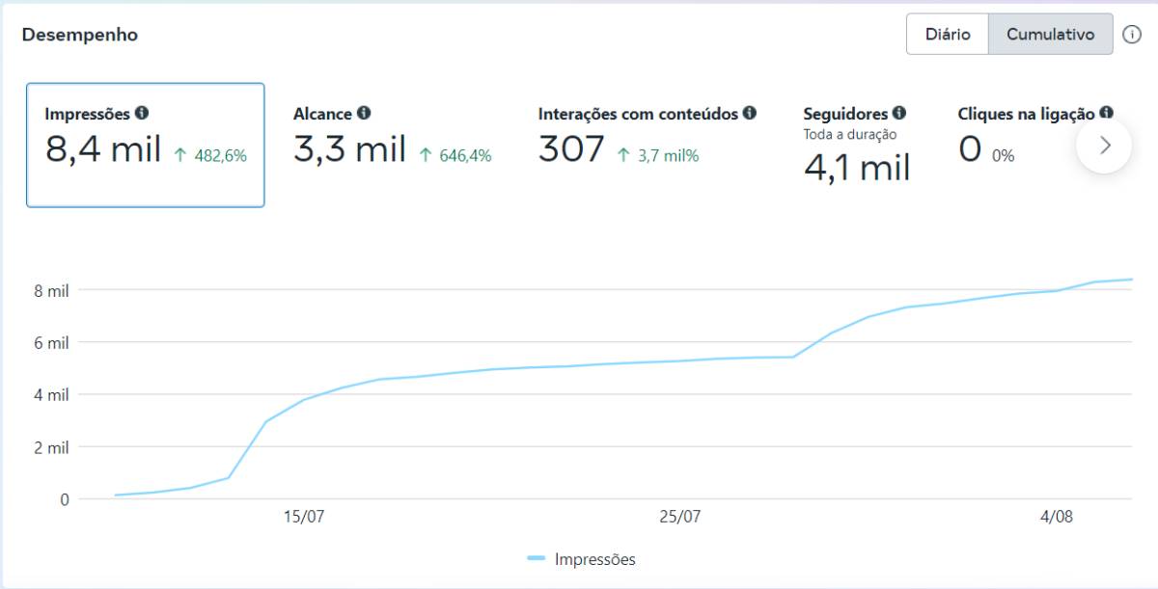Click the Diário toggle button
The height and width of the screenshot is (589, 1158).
pos(947,34)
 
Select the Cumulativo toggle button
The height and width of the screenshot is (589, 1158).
pos(1051,34)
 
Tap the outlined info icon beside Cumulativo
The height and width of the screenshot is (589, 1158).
pos(1132,35)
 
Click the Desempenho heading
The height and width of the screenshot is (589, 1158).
pos(80,35)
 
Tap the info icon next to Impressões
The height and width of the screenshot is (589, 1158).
pos(142,113)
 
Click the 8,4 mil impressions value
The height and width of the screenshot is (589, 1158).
pos(103,149)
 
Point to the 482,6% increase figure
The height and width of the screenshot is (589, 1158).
pos(220,155)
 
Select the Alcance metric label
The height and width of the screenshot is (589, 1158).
pos(322,114)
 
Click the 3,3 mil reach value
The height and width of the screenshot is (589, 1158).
pos(349,149)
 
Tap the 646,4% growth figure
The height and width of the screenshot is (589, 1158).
pos(465,155)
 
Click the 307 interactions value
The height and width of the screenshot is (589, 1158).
pos(571,148)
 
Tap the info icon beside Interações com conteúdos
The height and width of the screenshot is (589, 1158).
pos(750,113)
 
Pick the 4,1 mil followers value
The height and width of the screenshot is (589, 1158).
pos(857,169)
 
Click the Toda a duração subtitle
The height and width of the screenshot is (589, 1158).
pos(850,135)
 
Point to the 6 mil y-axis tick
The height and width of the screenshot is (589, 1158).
pos(51,343)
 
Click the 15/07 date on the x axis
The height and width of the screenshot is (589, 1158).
pos(304,516)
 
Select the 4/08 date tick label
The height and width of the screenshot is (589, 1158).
pos(1057,516)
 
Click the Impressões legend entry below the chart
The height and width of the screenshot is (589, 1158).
pos(582,559)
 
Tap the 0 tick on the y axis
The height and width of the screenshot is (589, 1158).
pos(65,499)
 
